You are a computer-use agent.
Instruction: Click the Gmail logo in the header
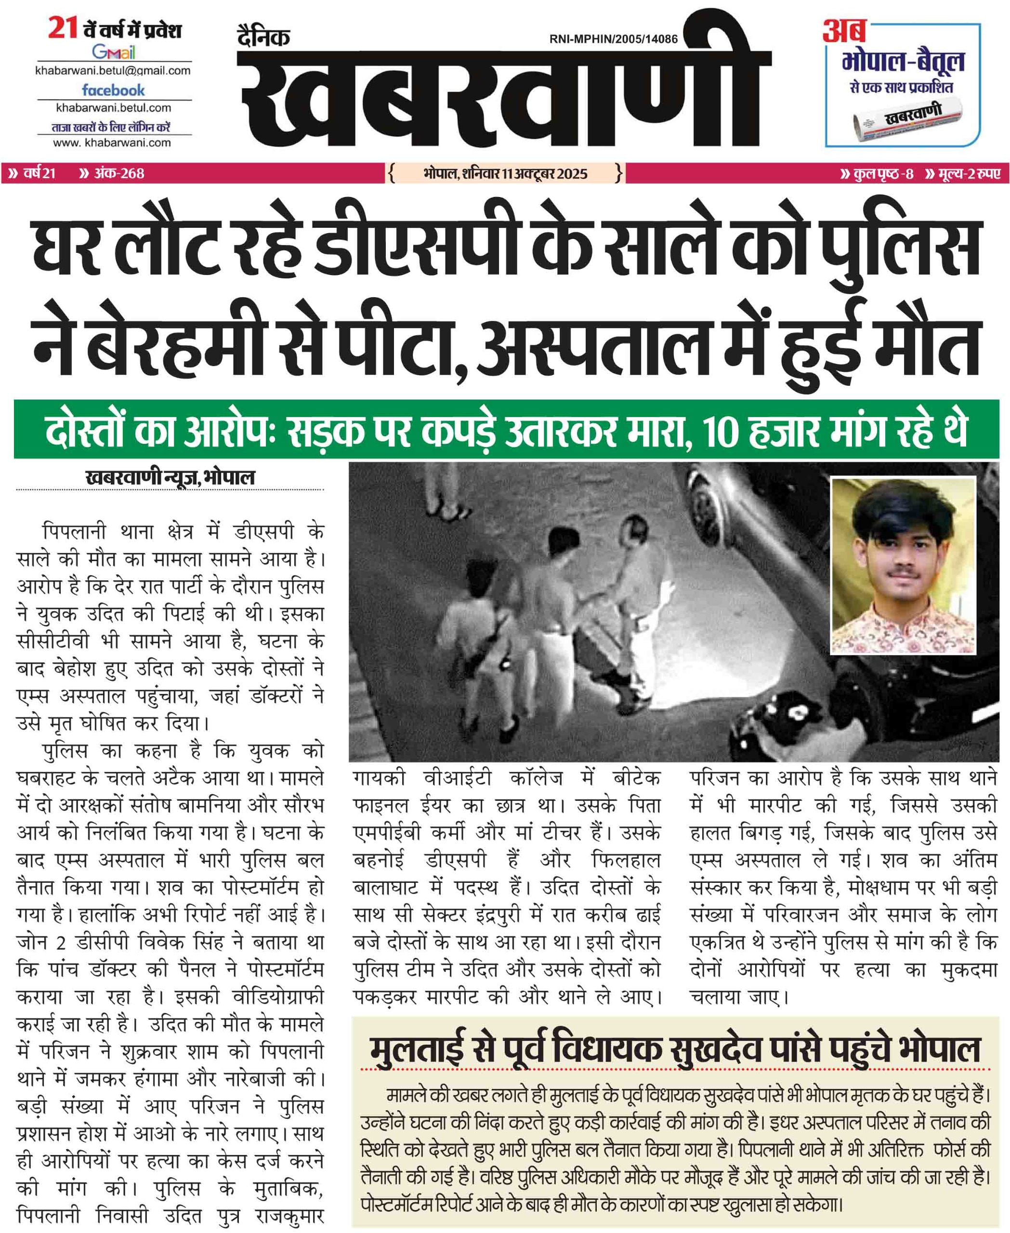click(114, 52)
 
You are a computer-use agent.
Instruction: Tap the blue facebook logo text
click(114, 90)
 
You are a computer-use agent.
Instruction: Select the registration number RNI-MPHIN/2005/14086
click(613, 39)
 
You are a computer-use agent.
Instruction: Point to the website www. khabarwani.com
click(112, 143)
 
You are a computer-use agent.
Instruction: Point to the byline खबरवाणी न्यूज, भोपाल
click(170, 478)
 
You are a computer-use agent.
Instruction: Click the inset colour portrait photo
click(903, 565)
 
